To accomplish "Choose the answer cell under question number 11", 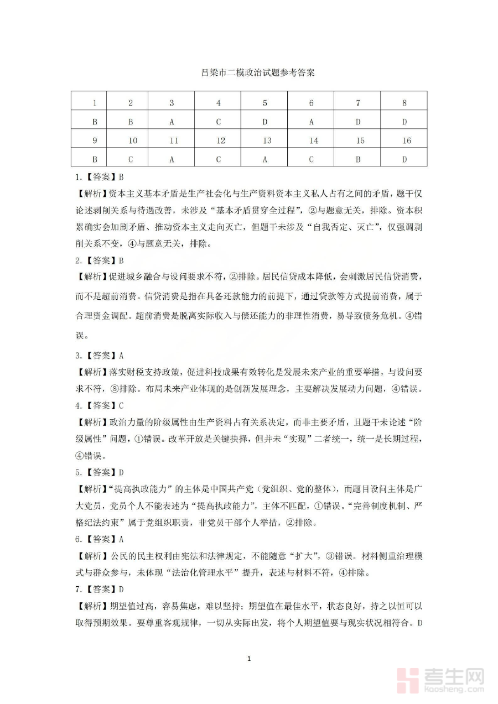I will coord(172,159).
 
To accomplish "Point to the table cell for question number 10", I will coord(133,140).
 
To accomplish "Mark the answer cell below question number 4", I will coord(219,122).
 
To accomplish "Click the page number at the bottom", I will coord(250,659).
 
